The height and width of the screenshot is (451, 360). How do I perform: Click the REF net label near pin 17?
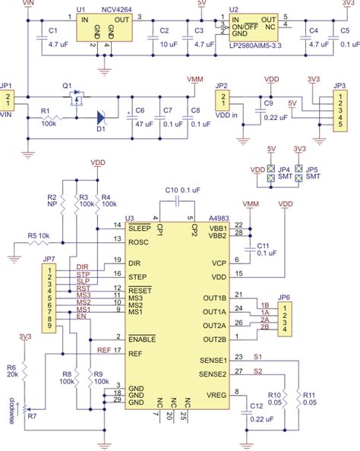tap(104, 350)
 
